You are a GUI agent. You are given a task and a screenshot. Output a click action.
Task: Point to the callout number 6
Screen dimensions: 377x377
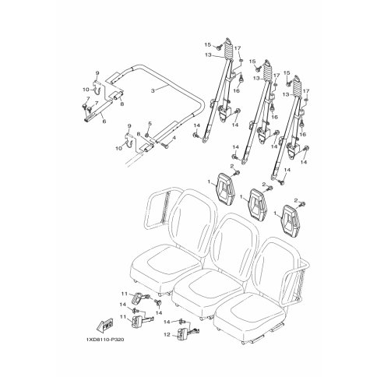pos(104,122)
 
